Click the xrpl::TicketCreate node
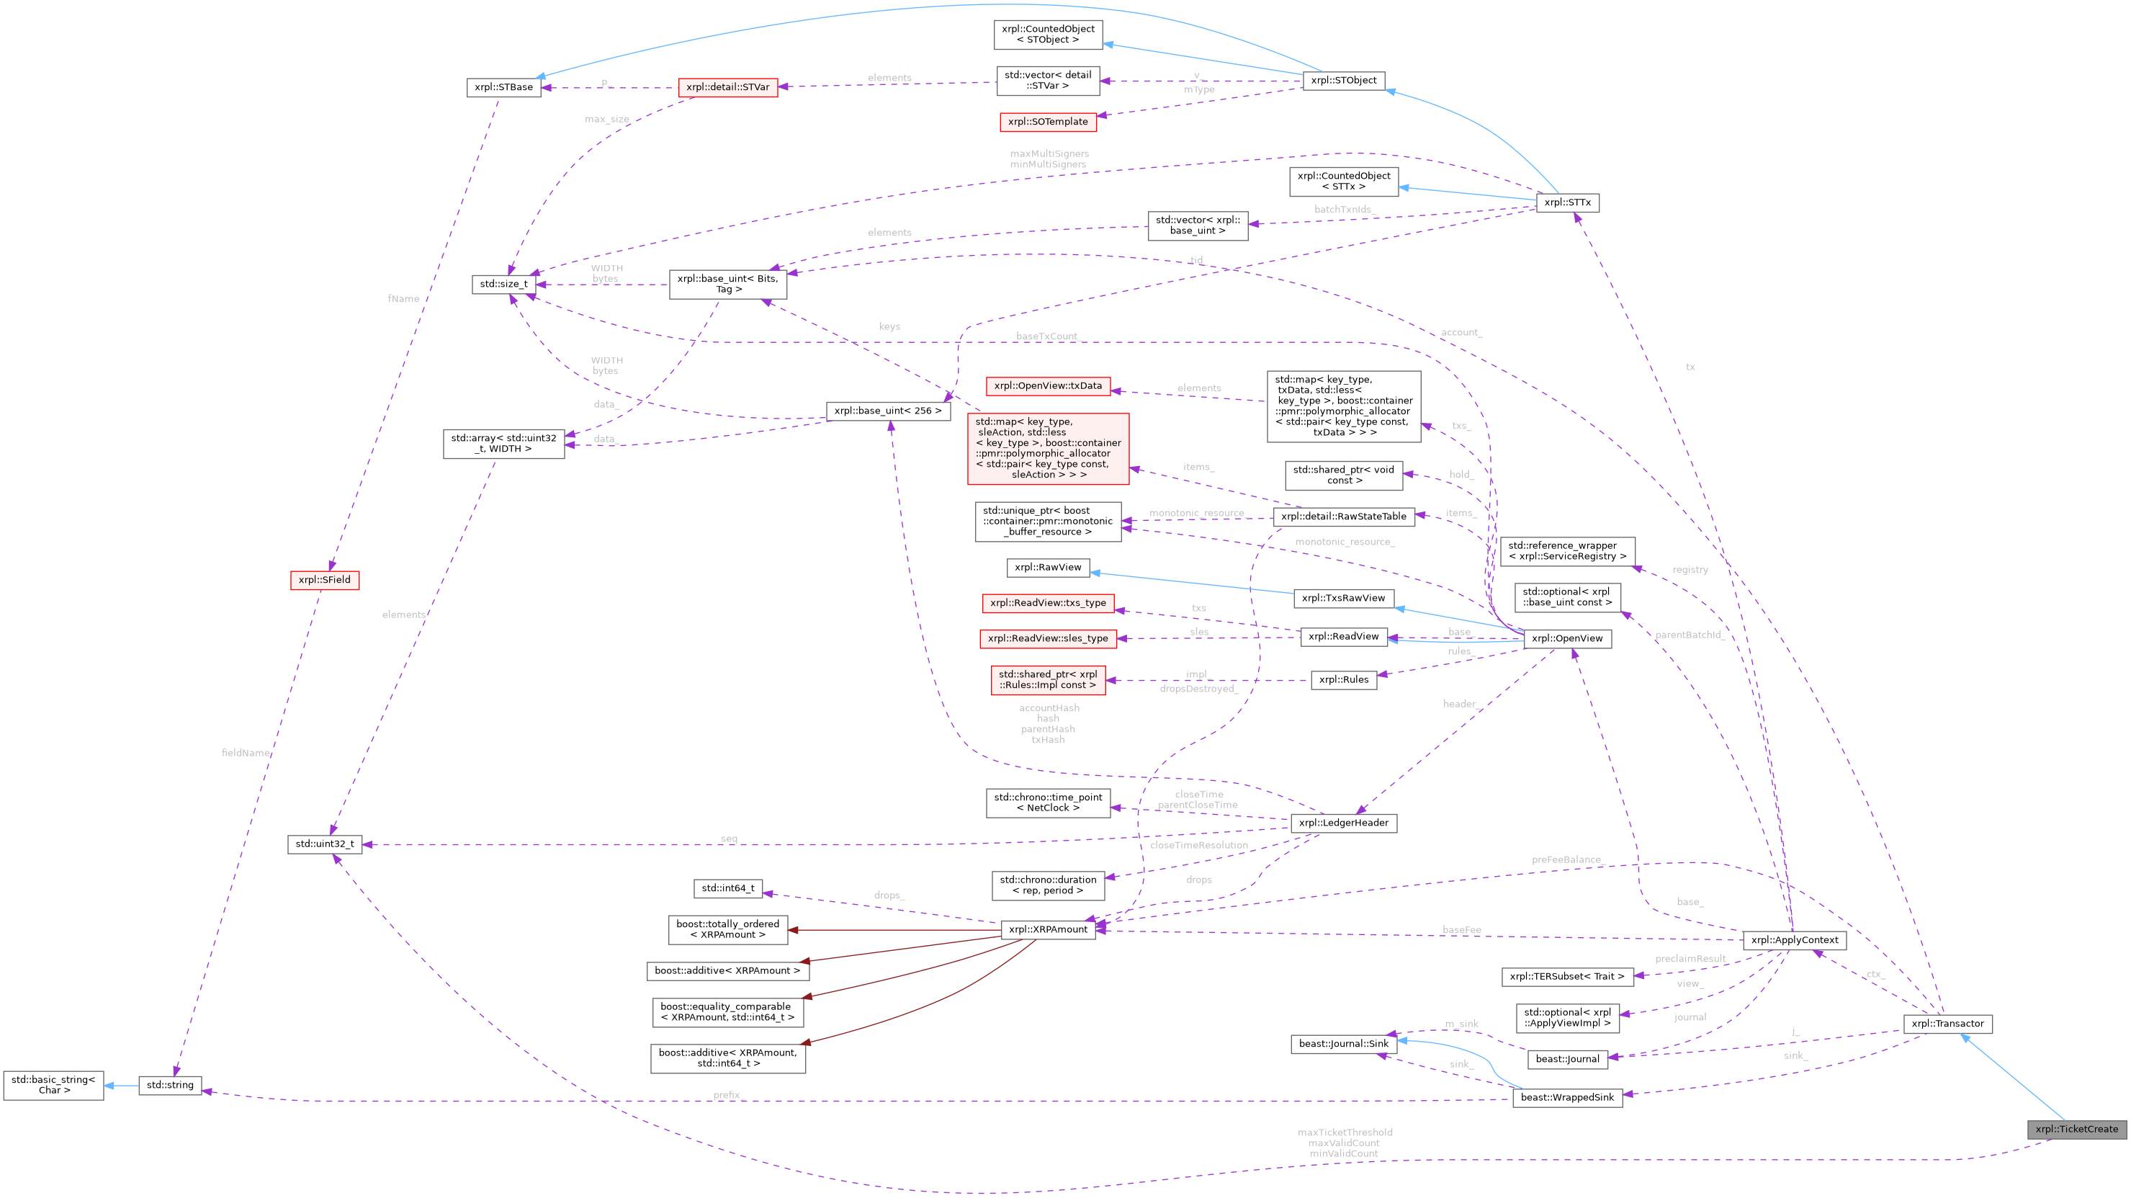[x=2076, y=1130]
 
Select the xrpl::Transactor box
[x=1947, y=1024]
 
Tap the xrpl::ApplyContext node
[x=1793, y=940]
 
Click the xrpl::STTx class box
[x=1567, y=202]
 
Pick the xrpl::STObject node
[x=1342, y=80]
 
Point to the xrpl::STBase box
[x=503, y=87]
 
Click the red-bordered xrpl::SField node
[x=324, y=580]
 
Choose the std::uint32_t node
[x=324, y=844]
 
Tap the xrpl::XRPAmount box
[x=1047, y=929]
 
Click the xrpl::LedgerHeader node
[x=1342, y=823]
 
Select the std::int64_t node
[x=727, y=888]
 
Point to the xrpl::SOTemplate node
[x=1047, y=122]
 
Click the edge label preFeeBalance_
[x=1567, y=859]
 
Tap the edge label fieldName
[x=246, y=753]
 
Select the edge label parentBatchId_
[x=1690, y=635]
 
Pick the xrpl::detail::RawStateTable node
[x=1342, y=517]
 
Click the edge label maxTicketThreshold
[x=1345, y=1132]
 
